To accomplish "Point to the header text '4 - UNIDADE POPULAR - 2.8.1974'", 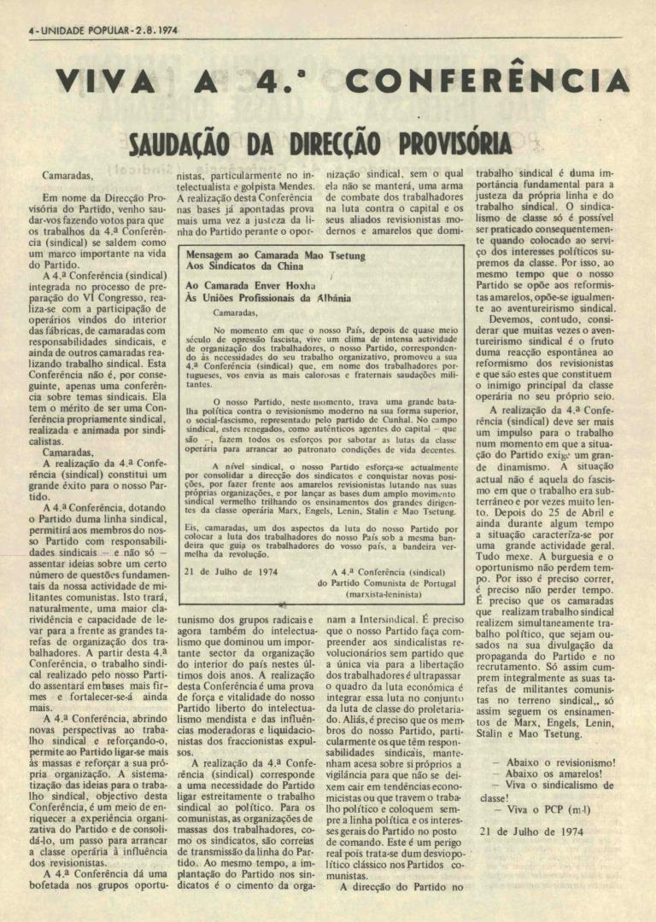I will (102, 29).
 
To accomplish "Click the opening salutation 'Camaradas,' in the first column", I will (67, 174).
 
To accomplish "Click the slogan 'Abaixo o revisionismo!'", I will (554, 762).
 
